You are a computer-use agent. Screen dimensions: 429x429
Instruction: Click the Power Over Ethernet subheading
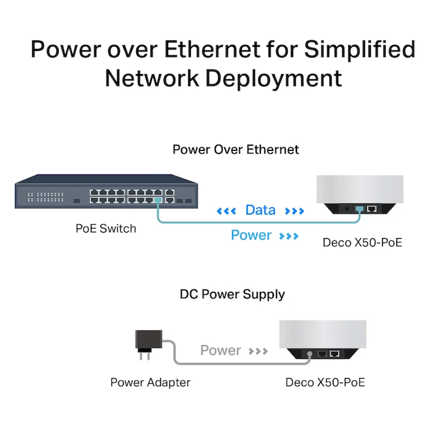[236, 149]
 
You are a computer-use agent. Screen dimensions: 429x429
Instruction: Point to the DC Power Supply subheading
[232, 294]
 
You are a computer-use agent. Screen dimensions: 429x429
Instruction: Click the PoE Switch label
[106, 228]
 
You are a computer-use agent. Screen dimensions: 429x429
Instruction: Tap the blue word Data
[260, 210]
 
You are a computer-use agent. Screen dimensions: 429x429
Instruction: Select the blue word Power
[251, 235]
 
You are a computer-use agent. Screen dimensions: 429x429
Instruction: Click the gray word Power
[221, 350]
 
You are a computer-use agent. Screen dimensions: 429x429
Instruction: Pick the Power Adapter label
[150, 382]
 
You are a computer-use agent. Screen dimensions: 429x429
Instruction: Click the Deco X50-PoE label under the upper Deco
[362, 242]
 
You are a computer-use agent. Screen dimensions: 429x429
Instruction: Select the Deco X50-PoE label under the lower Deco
[325, 382]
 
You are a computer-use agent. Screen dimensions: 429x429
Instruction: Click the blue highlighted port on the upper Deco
[359, 208]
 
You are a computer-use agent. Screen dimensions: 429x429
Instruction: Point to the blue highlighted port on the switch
[157, 201]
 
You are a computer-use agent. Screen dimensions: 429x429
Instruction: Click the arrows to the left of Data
[226, 211]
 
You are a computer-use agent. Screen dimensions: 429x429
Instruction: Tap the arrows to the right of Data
[295, 211]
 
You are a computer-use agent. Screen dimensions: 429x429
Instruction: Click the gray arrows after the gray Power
[258, 351]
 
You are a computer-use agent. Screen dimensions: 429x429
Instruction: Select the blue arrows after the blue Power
[289, 236]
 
